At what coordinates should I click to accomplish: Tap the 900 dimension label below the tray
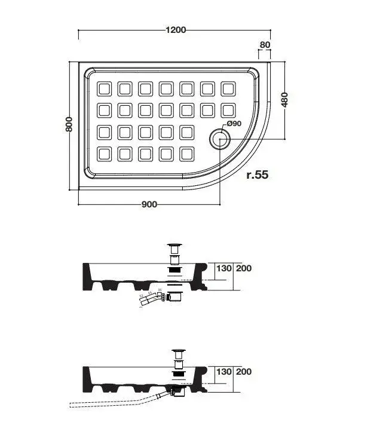click(149, 204)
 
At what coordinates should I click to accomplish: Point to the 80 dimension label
click(265, 44)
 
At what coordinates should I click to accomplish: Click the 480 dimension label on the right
click(285, 99)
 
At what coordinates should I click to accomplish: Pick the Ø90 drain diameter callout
click(232, 124)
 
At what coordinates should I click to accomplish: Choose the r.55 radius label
click(258, 175)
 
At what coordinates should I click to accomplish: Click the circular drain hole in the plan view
click(218, 140)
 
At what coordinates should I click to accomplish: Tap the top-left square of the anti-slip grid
click(105, 89)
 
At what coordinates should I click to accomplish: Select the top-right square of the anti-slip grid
click(228, 89)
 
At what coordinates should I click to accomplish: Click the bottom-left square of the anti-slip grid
click(105, 154)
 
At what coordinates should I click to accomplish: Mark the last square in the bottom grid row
click(187, 154)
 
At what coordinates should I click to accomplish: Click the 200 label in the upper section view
click(244, 268)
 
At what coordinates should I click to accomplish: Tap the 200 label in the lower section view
click(244, 372)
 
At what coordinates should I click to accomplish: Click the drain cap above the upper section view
click(175, 246)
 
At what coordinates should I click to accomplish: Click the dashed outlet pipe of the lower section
click(108, 402)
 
